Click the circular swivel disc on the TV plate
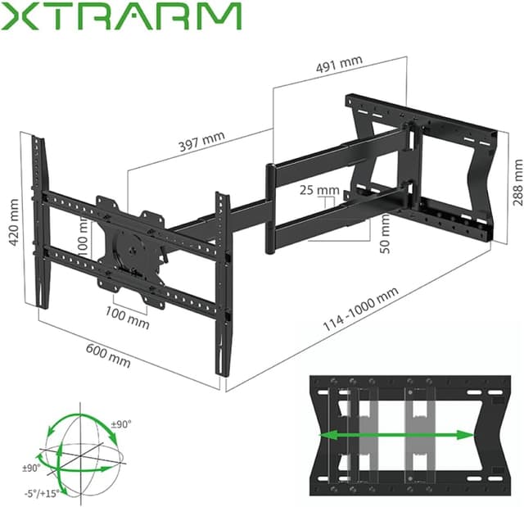click(129, 242)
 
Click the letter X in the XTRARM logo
click(20, 16)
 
